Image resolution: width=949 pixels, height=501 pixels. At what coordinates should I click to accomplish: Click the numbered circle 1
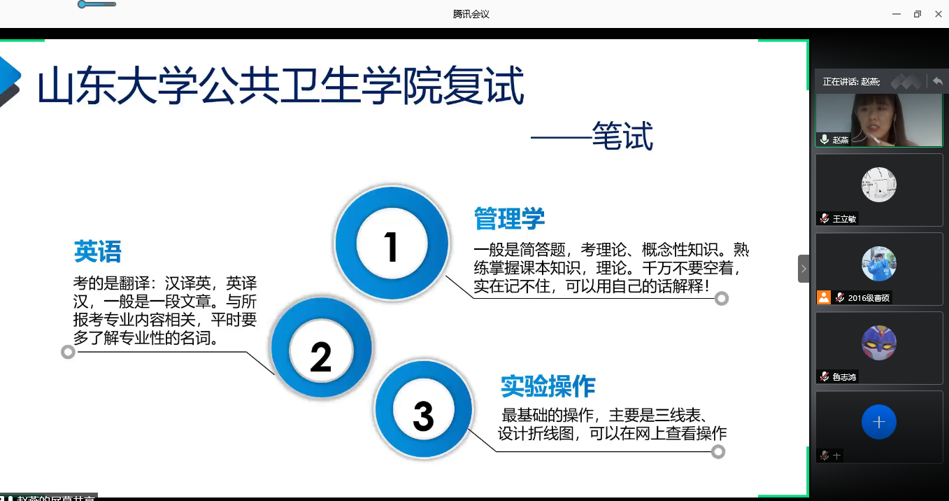pyautogui.click(x=392, y=244)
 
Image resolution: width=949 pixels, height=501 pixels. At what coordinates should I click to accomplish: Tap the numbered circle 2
pyautogui.click(x=322, y=348)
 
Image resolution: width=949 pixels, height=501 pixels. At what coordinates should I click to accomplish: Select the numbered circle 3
pyautogui.click(x=424, y=409)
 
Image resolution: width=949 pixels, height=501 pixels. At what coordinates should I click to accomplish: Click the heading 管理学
pyautogui.click(x=509, y=219)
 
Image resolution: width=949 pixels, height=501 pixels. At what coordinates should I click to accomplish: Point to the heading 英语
pyautogui.click(x=98, y=251)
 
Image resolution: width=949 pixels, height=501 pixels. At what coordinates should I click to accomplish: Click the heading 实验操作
pyautogui.click(x=548, y=386)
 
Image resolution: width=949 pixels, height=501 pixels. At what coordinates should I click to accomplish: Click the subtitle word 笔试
pyautogui.click(x=622, y=136)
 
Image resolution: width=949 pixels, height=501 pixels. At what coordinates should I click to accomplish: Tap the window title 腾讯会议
pyautogui.click(x=471, y=14)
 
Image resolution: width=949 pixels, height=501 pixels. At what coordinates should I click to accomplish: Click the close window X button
pyautogui.click(x=938, y=14)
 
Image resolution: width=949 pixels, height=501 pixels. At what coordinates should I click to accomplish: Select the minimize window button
pyautogui.click(x=897, y=14)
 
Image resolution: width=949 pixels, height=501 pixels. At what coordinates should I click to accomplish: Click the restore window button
pyautogui.click(x=918, y=14)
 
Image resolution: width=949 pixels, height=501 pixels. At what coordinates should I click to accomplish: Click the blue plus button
pyautogui.click(x=878, y=422)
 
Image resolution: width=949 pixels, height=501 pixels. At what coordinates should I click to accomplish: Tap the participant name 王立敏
pyautogui.click(x=844, y=219)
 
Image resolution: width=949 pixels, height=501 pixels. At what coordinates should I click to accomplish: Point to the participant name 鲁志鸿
pyautogui.click(x=844, y=377)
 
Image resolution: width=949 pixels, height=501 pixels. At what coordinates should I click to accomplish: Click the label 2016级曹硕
pyautogui.click(x=869, y=298)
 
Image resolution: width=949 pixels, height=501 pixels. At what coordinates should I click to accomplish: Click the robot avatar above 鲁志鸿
pyautogui.click(x=878, y=342)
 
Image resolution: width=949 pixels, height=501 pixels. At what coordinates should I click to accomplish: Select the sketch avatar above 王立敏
pyautogui.click(x=878, y=185)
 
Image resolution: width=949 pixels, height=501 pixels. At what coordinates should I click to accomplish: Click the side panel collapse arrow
pyautogui.click(x=804, y=269)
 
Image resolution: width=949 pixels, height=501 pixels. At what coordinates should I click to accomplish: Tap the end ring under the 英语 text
pyautogui.click(x=68, y=352)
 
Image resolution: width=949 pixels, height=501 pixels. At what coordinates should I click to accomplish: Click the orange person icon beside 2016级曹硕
pyautogui.click(x=824, y=297)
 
